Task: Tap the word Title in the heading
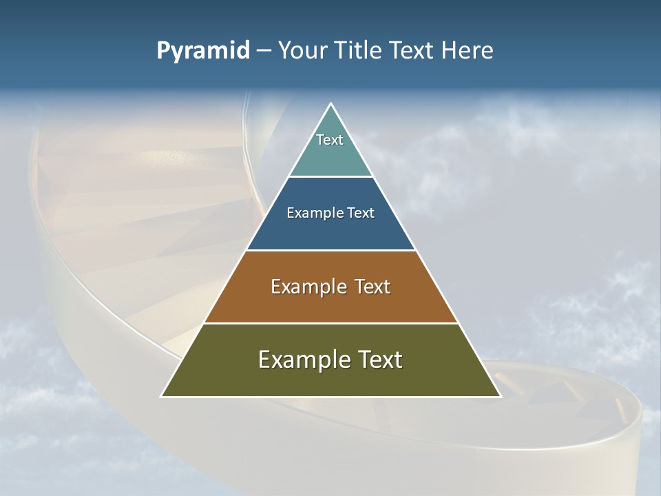point(358,51)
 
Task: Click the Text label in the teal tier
point(330,140)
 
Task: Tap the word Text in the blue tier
point(361,214)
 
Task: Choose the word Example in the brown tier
point(308,287)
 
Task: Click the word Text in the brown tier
point(373,287)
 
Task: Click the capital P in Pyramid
point(163,51)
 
